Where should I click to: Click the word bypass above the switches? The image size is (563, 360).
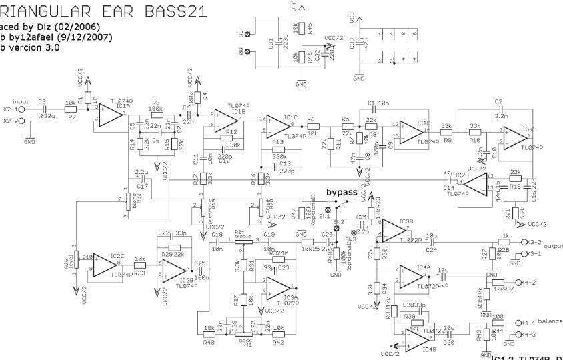coord(341,192)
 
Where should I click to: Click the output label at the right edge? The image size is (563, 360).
coord(553,245)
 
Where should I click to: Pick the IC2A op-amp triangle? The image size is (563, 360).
coord(515,137)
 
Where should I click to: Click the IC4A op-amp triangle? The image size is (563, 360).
coord(410,277)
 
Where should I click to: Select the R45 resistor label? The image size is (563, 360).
coord(310,28)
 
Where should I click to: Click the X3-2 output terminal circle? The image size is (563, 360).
coord(524,243)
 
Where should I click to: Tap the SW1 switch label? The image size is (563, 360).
coord(325,217)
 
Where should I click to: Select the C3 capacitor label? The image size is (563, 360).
coord(42,102)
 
